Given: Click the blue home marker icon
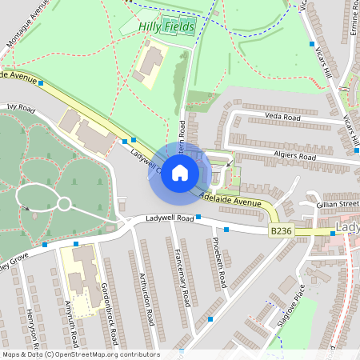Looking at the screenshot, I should (180, 173).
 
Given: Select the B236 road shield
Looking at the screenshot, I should (279, 230).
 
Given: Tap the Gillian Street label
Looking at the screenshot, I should (337, 205).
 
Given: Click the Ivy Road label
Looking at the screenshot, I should (22, 106).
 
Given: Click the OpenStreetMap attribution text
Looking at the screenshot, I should (80, 354).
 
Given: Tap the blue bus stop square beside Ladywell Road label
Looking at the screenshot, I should (198, 216).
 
